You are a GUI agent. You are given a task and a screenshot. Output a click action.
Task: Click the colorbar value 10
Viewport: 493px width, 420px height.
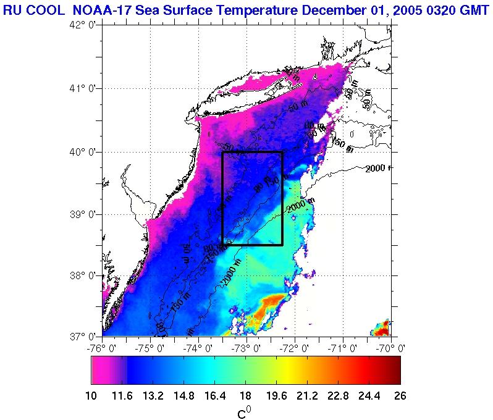point(91,396)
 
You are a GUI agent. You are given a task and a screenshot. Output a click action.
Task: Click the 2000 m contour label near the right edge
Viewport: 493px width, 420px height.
point(378,169)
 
